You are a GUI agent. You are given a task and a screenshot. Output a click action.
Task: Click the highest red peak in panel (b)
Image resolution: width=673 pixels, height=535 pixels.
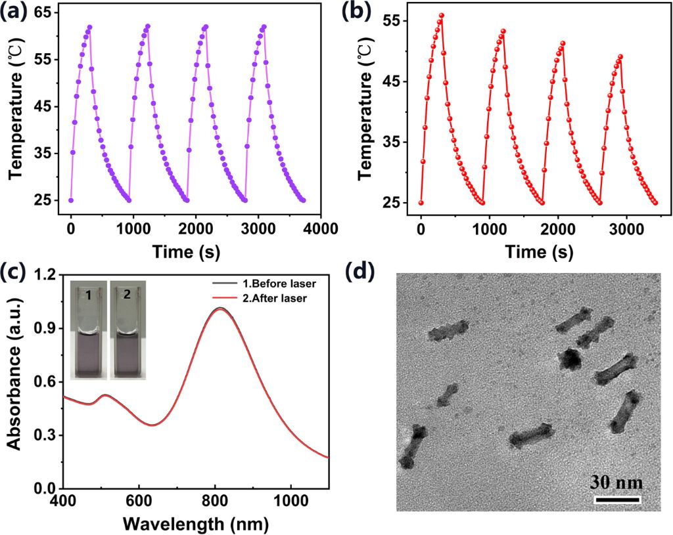442,15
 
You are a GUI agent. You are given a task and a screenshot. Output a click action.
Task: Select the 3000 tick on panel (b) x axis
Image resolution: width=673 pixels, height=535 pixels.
626,228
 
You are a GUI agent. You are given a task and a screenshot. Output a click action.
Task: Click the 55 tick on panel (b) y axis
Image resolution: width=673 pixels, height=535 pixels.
400,21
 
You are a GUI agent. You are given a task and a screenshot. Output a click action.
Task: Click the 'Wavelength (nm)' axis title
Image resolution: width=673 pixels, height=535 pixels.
195,523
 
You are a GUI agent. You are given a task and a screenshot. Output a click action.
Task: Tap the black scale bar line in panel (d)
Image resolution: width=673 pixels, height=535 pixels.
617,500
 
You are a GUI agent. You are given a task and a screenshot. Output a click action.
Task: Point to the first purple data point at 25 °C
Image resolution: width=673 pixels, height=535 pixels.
71,200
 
